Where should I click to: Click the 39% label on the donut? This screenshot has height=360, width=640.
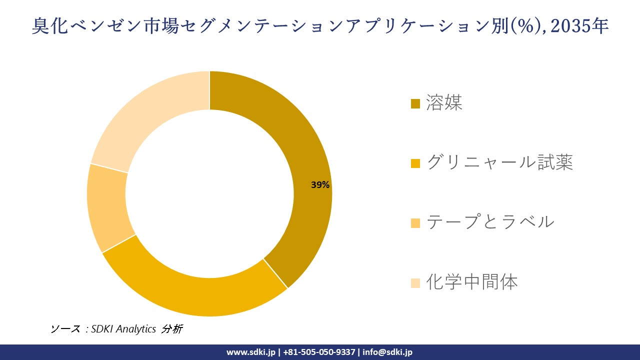point(320,185)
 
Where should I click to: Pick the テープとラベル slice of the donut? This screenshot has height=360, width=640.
point(107,207)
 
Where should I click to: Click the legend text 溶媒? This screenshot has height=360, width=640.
point(444,102)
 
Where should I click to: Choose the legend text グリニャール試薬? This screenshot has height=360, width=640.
point(499,162)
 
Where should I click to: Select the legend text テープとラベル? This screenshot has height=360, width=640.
point(490,221)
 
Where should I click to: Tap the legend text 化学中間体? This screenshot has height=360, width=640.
point(471,282)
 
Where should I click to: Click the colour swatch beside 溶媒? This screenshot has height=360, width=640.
point(415,103)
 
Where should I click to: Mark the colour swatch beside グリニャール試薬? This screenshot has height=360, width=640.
point(415,163)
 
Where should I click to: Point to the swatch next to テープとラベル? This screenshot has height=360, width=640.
point(415,223)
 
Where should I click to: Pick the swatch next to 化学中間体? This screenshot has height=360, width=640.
point(415,283)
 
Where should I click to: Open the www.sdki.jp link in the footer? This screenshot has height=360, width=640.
point(250,352)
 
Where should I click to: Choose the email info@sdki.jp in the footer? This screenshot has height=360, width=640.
point(387,352)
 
